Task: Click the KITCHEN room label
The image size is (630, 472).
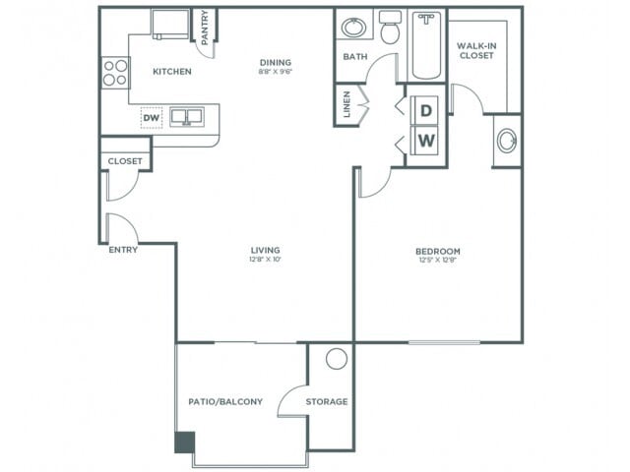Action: pyautogui.click(x=171, y=72)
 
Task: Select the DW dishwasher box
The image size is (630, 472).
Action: pyautogui.click(x=151, y=117)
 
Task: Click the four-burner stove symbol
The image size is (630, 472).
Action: pyautogui.click(x=115, y=73)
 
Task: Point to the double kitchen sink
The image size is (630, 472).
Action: pyautogui.click(x=186, y=117)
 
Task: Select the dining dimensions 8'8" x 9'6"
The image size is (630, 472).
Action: pyautogui.click(x=278, y=72)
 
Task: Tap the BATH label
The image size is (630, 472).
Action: pyautogui.click(x=354, y=57)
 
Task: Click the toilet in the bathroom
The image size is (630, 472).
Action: pyautogui.click(x=390, y=29)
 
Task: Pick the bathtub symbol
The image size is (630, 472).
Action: pyautogui.click(x=427, y=44)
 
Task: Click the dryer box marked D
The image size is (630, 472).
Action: pyautogui.click(x=426, y=110)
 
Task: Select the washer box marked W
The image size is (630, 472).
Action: pyautogui.click(x=426, y=141)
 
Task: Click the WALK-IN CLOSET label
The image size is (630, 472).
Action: pyautogui.click(x=475, y=50)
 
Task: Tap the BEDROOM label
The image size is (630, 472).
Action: pyautogui.click(x=438, y=252)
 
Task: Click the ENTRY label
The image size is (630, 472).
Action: pyautogui.click(x=123, y=250)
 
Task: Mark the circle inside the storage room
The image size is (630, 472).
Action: pyautogui.click(x=337, y=359)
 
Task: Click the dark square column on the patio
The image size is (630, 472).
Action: pyautogui.click(x=184, y=442)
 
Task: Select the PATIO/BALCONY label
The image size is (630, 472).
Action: pyautogui.click(x=225, y=402)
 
